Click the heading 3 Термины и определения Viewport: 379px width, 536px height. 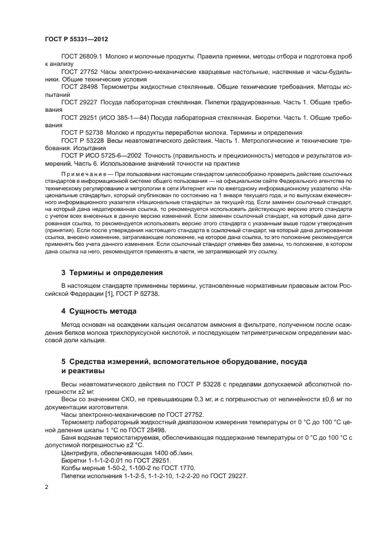pos(112,272)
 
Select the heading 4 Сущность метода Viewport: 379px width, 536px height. pos(98,311)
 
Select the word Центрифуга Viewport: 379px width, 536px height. pos(79,452)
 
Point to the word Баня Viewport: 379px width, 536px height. pos(69,437)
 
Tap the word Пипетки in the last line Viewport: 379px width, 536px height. pos(75,474)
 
